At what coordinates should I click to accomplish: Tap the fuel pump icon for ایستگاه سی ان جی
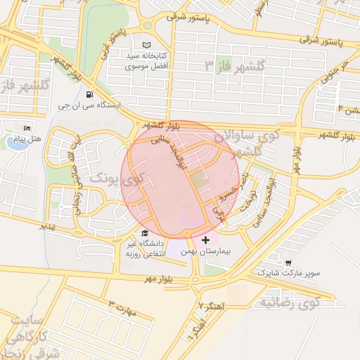pyautogui.click(x=89, y=95)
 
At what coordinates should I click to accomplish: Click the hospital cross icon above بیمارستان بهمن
pyautogui.click(x=205, y=240)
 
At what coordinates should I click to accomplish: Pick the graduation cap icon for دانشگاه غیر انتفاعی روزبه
pyautogui.click(x=145, y=233)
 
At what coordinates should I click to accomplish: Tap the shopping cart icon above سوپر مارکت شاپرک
pyautogui.click(x=288, y=262)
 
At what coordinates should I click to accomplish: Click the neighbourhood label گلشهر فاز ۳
pyautogui.click(x=233, y=65)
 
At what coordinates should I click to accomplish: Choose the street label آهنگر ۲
pyautogui.click(x=210, y=307)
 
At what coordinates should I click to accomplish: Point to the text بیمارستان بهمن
pyautogui.click(x=205, y=251)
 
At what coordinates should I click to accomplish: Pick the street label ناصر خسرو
pyautogui.click(x=251, y=181)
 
